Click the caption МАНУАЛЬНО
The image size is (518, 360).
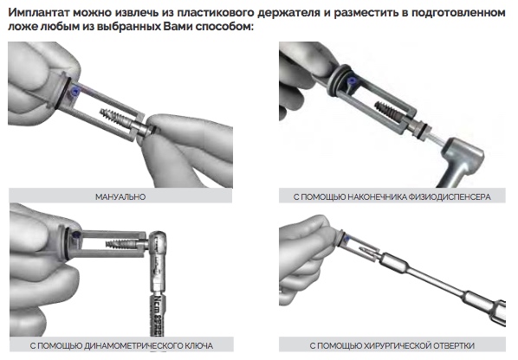click(120, 197)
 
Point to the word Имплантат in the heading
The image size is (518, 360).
click(39, 13)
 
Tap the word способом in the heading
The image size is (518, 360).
click(224, 27)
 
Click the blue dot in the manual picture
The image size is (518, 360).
click(75, 89)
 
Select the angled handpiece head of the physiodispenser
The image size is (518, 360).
click(464, 155)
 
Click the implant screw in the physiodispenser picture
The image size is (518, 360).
click(389, 109)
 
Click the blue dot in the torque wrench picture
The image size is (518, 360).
click(76, 235)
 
